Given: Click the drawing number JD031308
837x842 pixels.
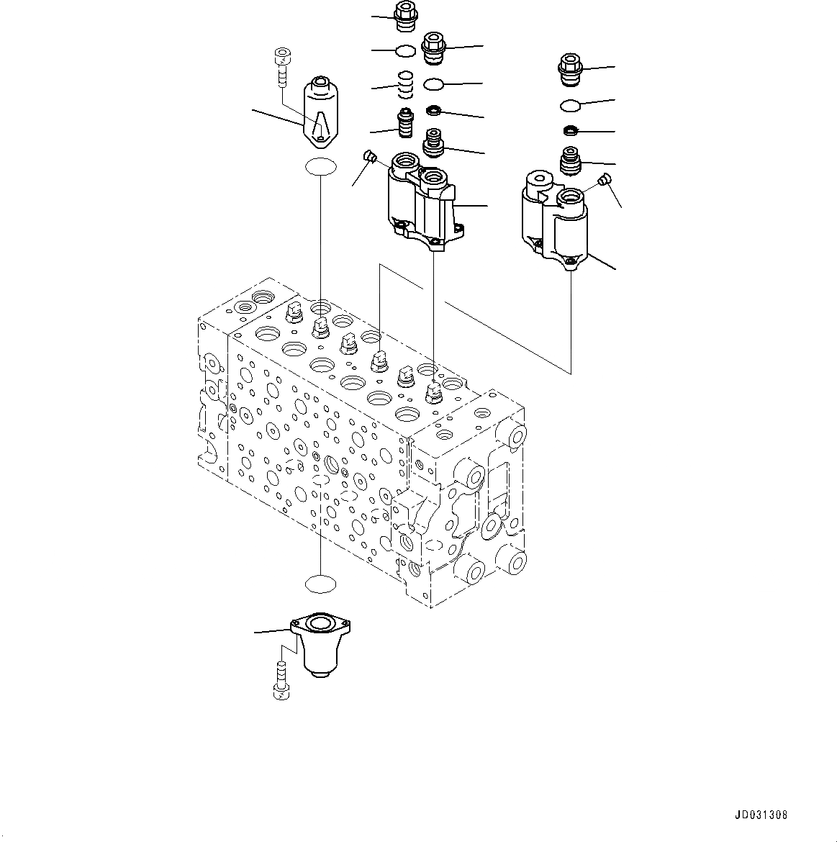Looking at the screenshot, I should [762, 815].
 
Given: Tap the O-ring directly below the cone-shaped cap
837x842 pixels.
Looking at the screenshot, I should [320, 168].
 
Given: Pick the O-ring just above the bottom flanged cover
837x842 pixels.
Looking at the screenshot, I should [320, 584].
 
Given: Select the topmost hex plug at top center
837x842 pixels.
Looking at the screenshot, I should [405, 17].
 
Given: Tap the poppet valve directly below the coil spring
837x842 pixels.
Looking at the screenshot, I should [405, 122].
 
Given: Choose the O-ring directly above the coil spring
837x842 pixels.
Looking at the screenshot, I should [405, 50].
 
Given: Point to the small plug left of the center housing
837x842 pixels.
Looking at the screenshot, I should [370, 156].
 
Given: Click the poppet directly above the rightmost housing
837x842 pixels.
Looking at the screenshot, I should [570, 160].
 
